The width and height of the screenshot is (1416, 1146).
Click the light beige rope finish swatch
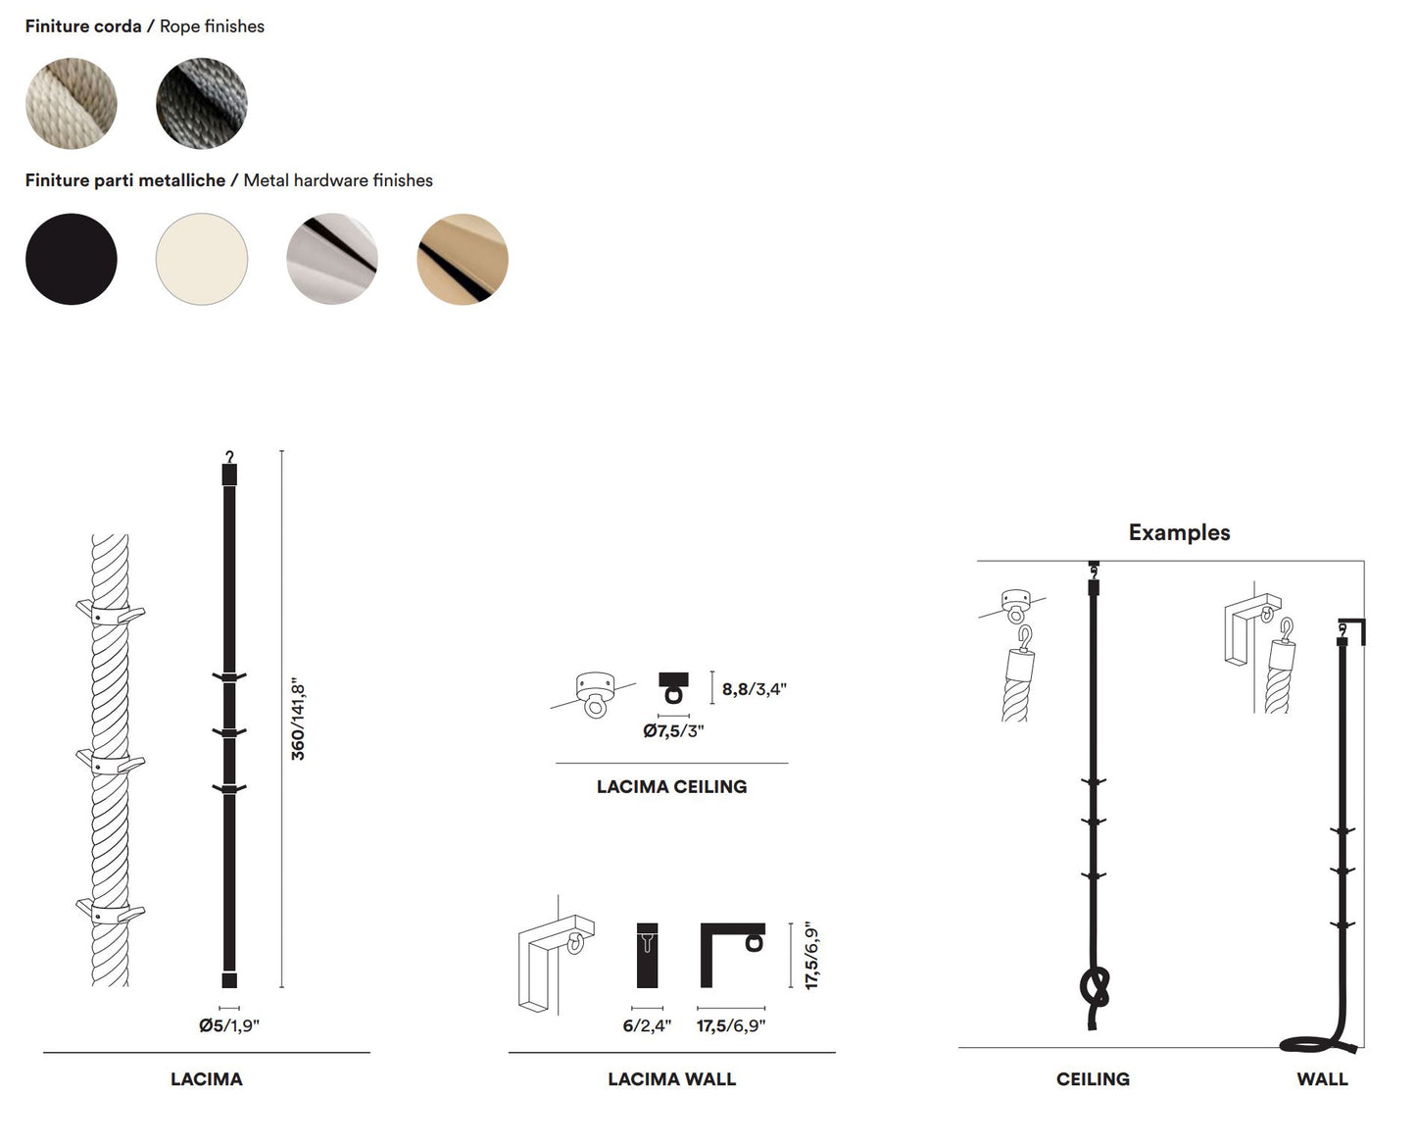[71, 103]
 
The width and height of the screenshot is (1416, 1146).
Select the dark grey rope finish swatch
[201, 103]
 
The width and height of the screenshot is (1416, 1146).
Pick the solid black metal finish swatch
[71, 259]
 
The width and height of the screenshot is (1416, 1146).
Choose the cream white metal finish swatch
[201, 259]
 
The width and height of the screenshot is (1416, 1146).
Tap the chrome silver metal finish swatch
[331, 259]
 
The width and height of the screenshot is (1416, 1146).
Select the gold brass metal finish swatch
[462, 259]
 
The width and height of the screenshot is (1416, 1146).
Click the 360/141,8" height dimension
[298, 719]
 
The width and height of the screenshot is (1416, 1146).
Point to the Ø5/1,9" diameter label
[228, 1025]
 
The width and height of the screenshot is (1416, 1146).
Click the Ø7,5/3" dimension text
[673, 731]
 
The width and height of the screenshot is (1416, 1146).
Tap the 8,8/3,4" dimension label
[754, 689]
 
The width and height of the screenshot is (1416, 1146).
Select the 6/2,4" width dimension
[647, 1025]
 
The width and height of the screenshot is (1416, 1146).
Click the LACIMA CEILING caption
[671, 786]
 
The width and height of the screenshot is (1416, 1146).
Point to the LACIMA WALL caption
[671, 1078]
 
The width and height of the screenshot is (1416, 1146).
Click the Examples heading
[1179, 532]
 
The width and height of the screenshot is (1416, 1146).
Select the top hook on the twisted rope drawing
[110, 615]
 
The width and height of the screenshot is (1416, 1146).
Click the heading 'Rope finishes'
[212, 26]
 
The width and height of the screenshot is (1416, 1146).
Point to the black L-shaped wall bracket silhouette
[731, 953]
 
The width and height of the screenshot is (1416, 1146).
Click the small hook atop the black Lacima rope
[229, 457]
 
